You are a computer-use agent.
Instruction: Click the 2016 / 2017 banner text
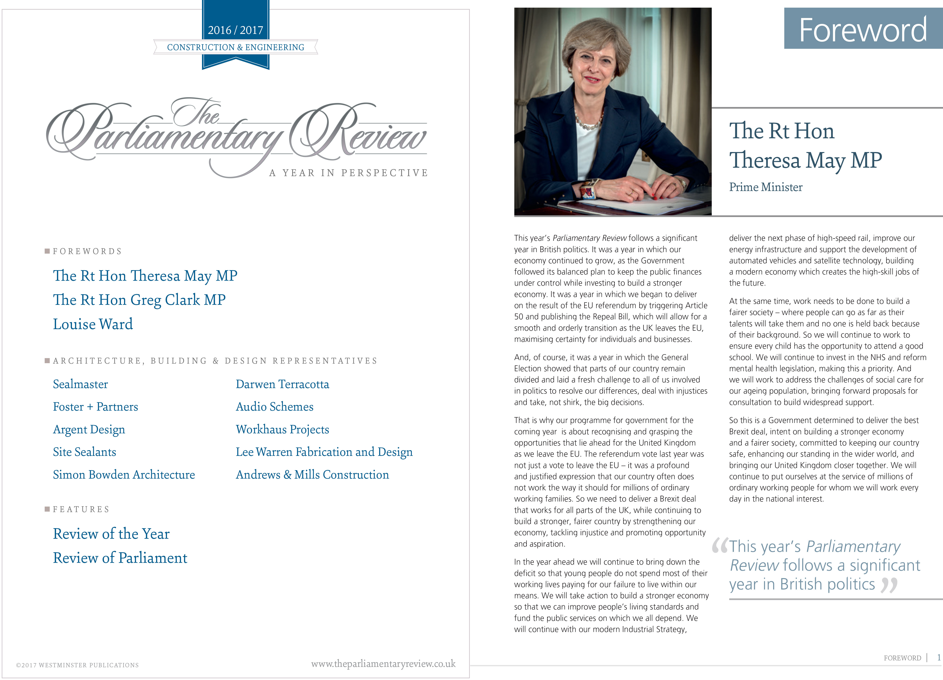coord(235,30)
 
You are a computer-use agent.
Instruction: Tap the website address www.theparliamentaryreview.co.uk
coord(383,664)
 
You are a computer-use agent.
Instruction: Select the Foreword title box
coord(863,29)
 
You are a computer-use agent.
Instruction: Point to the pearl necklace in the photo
coord(588,123)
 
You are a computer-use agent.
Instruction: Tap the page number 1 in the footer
coord(938,657)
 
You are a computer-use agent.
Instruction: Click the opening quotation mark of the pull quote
coord(720,546)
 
